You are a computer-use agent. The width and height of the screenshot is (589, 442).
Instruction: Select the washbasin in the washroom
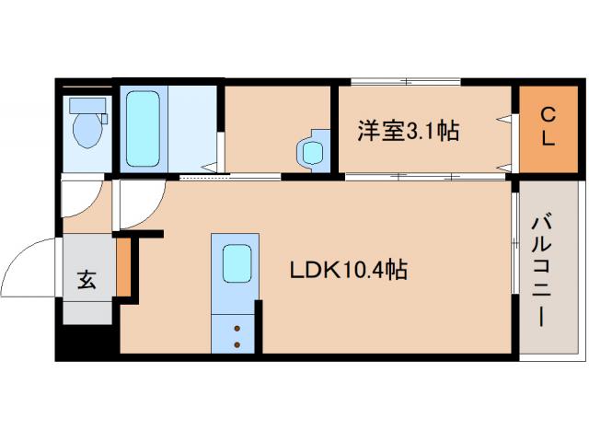click(313, 149)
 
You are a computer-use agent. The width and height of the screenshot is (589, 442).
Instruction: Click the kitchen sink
click(237, 264)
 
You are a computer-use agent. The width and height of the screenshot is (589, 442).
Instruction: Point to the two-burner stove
click(237, 335)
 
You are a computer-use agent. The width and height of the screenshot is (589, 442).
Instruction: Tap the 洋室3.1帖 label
click(408, 131)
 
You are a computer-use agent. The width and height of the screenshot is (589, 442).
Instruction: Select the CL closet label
click(547, 129)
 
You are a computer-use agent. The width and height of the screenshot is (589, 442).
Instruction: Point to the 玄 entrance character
click(86, 280)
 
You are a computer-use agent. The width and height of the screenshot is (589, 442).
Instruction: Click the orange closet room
click(547, 129)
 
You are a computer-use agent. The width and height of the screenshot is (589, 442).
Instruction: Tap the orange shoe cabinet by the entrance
click(124, 267)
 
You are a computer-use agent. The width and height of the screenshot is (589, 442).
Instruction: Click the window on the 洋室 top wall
click(405, 81)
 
